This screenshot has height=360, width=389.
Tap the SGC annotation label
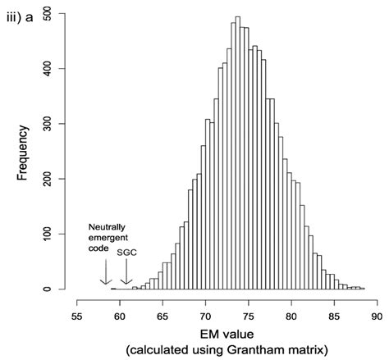click(x=127, y=253)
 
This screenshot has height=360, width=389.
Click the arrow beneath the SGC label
click(x=125, y=271)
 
